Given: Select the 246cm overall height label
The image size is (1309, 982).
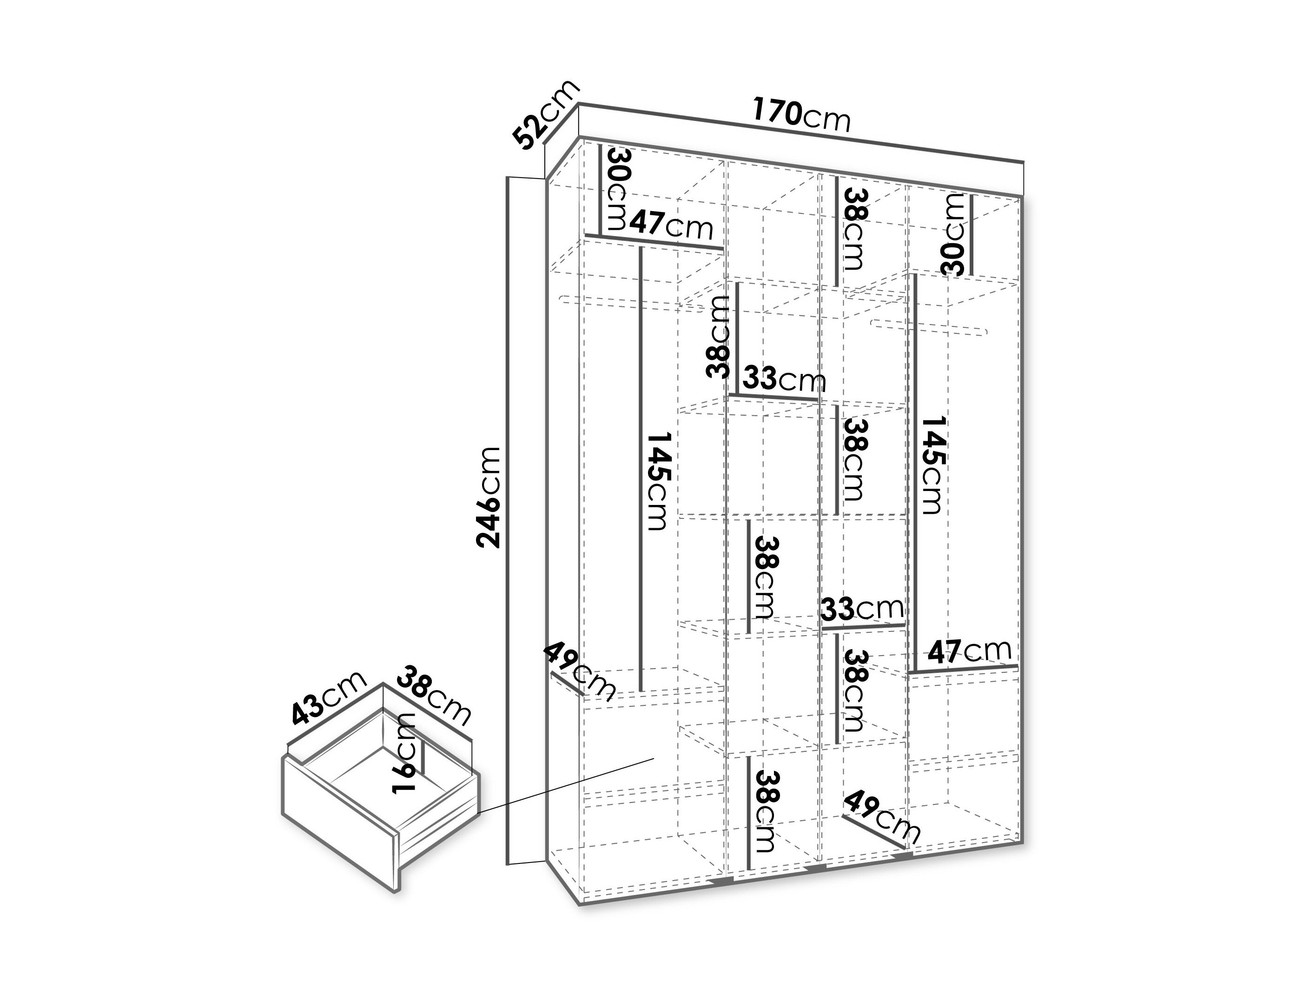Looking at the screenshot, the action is click(x=489, y=497).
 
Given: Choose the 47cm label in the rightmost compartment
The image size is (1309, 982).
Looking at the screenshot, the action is click(x=969, y=651).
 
